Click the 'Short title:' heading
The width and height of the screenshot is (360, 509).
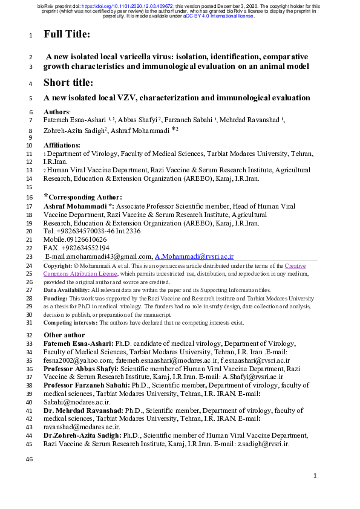[x=70, y=83]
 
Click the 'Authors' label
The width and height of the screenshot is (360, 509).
[x=57, y=112]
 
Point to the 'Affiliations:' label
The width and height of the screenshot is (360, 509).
[x=62, y=146]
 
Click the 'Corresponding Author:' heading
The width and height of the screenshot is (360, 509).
[x=83, y=197]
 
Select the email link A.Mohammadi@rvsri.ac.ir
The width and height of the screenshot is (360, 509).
[x=194, y=257]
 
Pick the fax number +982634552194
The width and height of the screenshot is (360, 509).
[x=84, y=248]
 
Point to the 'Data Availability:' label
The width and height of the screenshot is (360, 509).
[x=67, y=290]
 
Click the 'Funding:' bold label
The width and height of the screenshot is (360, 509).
[x=56, y=299]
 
